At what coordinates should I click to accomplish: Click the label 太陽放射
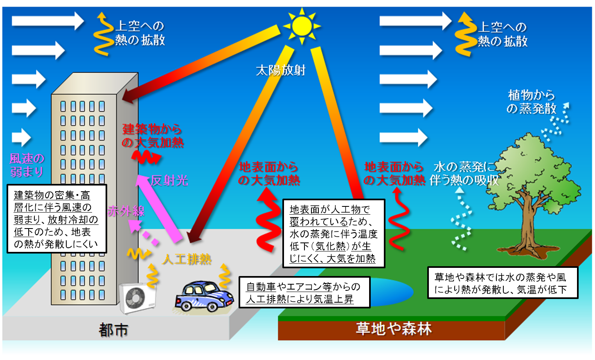280,70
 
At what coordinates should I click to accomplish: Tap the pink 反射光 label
169,181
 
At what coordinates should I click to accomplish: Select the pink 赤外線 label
126,211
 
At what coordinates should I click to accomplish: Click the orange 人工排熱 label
187,260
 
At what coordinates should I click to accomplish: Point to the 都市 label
113,330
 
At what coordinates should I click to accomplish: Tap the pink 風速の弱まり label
27,165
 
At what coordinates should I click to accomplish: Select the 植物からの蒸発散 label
531,102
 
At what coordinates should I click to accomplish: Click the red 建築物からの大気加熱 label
152,136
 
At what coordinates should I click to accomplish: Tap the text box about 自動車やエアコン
304,292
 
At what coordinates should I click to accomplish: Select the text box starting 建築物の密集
56,219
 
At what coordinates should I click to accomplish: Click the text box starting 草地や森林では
502,283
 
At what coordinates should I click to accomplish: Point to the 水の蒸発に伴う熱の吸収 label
464,174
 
